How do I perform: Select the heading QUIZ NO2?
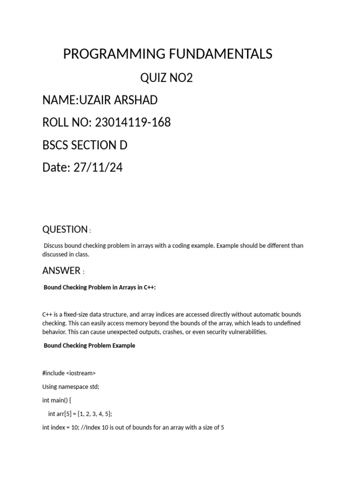[167, 78]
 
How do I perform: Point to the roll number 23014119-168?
[133, 123]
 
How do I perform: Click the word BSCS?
[55, 145]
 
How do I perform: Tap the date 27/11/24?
[98, 168]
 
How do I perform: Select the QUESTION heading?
[65, 229]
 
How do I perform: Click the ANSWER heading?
[61, 270]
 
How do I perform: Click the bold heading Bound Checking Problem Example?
[89, 345]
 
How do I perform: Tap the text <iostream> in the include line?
[81, 373]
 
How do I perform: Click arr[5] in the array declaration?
[63, 414]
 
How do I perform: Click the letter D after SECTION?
[123, 145]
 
